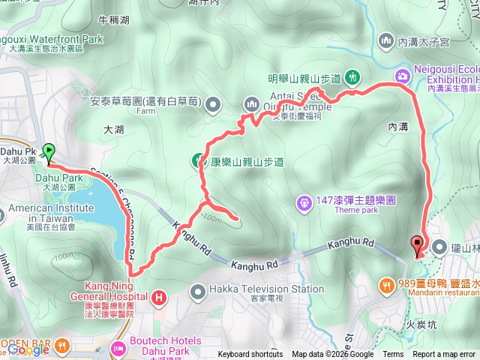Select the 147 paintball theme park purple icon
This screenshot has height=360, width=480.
click(303, 201)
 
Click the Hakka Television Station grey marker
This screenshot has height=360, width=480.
click(198, 289)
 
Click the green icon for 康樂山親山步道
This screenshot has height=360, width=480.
click(198, 159)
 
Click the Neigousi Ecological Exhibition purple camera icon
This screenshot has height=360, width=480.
click(403, 76)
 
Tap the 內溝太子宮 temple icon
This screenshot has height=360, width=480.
click(387, 39)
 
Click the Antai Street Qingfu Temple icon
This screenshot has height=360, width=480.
click(250, 103)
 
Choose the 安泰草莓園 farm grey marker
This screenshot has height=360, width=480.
click(210, 103)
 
